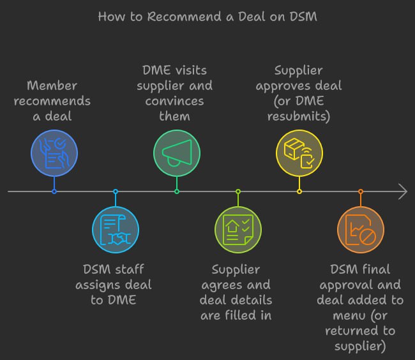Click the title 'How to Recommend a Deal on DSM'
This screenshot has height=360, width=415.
coord(207,17)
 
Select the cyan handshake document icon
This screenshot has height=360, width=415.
coord(116,229)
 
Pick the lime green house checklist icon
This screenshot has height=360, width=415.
coord(238,229)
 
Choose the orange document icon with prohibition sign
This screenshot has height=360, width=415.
coord(361,229)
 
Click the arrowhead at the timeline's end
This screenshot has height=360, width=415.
coord(402,191)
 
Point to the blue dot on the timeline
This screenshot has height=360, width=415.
coord(54,191)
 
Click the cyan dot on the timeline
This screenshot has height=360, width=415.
coord(116,191)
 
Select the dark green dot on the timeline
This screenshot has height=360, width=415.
coord(177,191)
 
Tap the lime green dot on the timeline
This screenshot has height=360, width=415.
coord(238,191)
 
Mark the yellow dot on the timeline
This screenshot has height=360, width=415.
coord(299,191)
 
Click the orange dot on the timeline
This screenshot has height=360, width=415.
coord(361,191)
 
